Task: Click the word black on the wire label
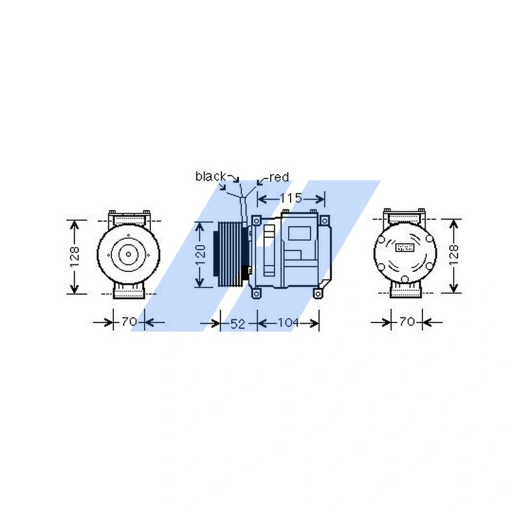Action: tap(211, 176)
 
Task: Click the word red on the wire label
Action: tap(279, 177)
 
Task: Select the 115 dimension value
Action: tap(291, 198)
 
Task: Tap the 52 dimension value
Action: tap(237, 324)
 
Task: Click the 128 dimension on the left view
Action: tap(76, 256)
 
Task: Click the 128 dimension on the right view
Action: tap(454, 256)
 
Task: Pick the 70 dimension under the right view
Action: tap(406, 322)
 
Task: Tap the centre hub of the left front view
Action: tap(128, 254)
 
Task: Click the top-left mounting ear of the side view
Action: tap(257, 220)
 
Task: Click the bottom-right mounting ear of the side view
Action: tap(317, 292)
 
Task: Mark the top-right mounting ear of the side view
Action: tap(327, 220)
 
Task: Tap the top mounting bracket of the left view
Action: tap(129, 215)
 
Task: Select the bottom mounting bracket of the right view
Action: tap(406, 292)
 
